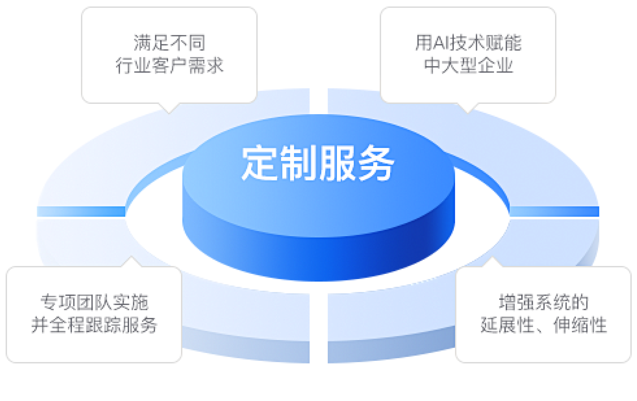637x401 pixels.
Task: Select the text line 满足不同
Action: tap(169, 43)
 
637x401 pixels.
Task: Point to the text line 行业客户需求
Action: tap(169, 66)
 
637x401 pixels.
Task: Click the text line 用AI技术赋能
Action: tap(468, 43)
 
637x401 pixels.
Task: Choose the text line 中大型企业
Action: tap(468, 66)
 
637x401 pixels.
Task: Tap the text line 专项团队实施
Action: tap(94, 302)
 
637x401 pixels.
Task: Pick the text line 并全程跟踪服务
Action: tap(94, 325)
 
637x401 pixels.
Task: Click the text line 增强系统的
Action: tap(543, 302)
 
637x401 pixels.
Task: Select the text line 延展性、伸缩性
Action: tap(543, 325)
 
